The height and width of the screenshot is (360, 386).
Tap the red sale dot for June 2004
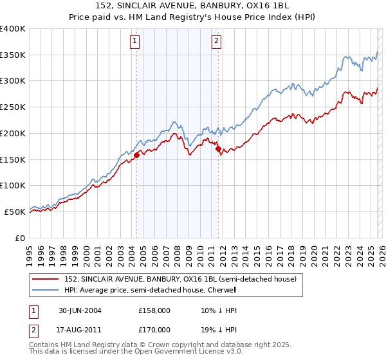coord(137,155)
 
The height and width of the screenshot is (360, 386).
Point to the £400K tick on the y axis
coord(13,29)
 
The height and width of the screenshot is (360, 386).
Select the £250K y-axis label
coord(13,107)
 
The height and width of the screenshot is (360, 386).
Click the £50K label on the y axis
coord(15,212)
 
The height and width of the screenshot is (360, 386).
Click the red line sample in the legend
coord(46,279)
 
